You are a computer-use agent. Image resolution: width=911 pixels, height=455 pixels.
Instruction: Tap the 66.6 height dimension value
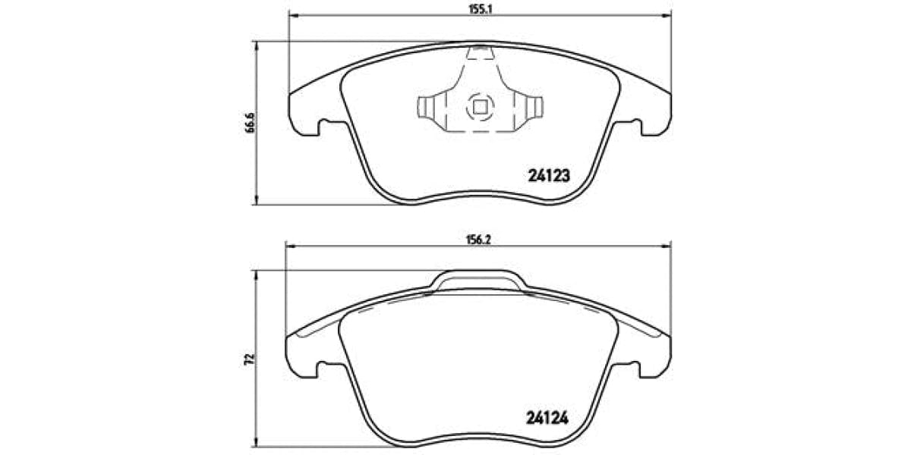click(249, 123)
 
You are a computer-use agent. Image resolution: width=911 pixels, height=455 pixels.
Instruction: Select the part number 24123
click(548, 174)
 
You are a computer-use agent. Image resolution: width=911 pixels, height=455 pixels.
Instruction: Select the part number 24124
click(548, 417)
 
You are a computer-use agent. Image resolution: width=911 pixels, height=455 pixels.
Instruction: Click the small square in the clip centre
click(479, 107)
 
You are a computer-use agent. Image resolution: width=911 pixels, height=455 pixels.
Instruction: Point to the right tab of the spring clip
click(534, 107)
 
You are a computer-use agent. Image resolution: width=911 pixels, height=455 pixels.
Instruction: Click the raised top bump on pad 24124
click(479, 279)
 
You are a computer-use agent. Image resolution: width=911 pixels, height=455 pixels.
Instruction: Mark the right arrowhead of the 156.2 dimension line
click(667, 244)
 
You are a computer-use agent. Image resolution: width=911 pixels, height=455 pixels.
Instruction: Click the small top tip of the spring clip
click(479, 52)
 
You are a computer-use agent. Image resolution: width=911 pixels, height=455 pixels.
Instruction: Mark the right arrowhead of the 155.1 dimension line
click(667, 14)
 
